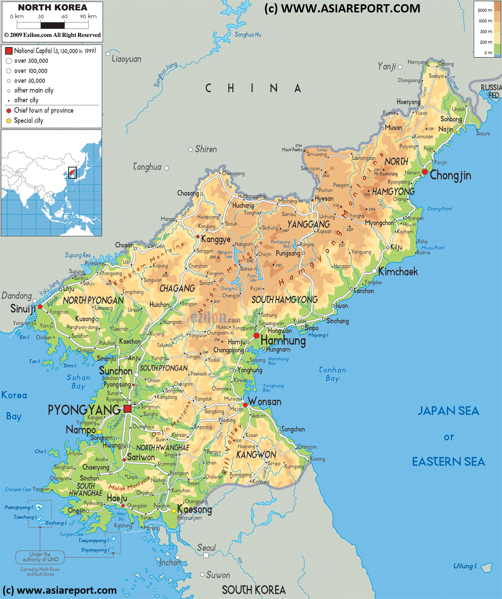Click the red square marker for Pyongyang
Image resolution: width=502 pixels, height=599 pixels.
click(x=128, y=409)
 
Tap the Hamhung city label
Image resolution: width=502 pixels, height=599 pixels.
click(x=283, y=341)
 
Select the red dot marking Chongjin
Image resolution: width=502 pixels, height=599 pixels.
click(x=424, y=172)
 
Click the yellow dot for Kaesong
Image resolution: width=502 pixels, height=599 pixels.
click(x=174, y=511)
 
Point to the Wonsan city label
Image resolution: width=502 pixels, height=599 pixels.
click(x=265, y=402)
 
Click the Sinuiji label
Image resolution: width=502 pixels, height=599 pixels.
click(x=23, y=309)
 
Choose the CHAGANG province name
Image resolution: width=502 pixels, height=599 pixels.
click(x=177, y=289)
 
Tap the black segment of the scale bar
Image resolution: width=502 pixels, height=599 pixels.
click(x=53, y=26)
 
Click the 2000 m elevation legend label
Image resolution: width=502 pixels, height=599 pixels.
click(x=485, y=10)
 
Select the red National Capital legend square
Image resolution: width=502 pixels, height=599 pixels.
click(x=9, y=51)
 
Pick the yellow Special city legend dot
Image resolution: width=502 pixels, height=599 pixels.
click(x=9, y=121)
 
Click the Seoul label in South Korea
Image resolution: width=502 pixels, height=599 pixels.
click(x=207, y=548)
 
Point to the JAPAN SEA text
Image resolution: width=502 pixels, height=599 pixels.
click(x=448, y=411)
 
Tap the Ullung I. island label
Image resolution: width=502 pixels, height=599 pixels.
click(x=465, y=566)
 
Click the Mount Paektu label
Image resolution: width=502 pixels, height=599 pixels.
click(x=292, y=150)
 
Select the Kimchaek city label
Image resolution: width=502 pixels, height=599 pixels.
click(x=398, y=272)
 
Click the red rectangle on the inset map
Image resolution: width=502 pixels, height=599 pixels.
click(x=72, y=173)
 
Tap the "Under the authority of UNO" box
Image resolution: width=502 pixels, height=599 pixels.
click(x=40, y=557)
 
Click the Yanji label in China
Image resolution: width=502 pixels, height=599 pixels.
click(x=386, y=66)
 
